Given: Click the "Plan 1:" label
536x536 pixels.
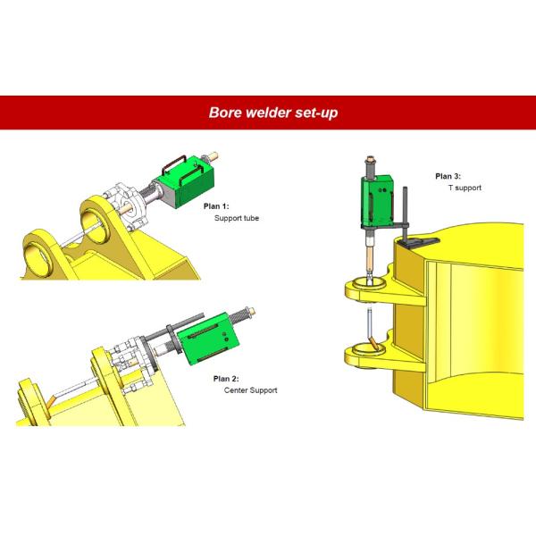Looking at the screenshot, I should tap(218, 206).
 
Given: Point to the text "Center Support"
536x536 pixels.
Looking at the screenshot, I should tap(244, 390).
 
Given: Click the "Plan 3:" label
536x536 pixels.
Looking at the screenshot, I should tap(449, 176).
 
